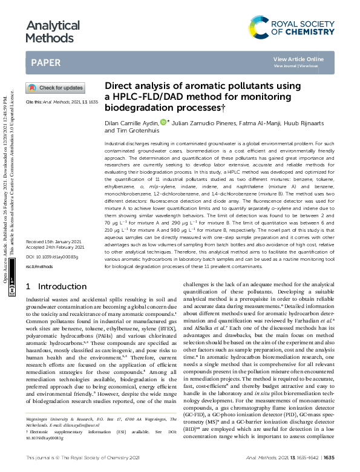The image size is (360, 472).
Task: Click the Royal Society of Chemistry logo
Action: [x=292, y=26]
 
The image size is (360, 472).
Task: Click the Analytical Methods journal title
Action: [x=53, y=32]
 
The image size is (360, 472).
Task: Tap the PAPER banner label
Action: [x=45, y=62]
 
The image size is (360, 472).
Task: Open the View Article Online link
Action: [x=298, y=59]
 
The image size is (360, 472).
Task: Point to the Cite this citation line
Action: [x=61, y=103]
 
